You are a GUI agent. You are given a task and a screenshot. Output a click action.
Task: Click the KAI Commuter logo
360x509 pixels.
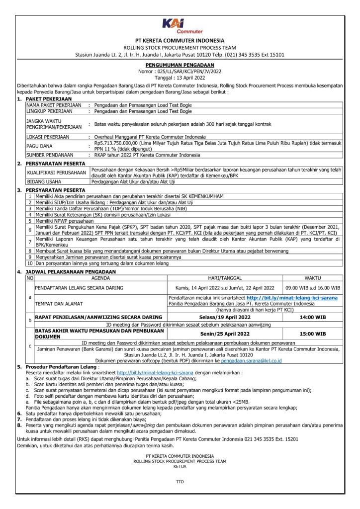pos(180,25)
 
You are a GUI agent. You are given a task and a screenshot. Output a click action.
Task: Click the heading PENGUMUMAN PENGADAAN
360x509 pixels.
pos(180,65)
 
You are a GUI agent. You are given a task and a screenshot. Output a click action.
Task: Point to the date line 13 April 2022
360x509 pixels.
pos(180,77)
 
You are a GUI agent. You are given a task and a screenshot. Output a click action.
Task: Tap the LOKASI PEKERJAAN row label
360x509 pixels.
pos(48,136)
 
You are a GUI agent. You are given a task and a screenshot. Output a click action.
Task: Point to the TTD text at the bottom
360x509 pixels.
pos(180,482)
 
